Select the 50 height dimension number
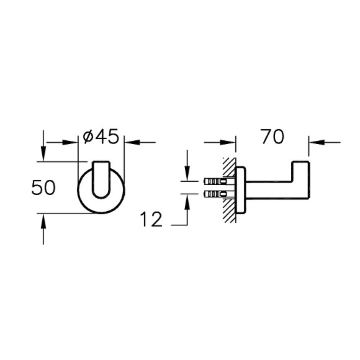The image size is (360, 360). point(44,187)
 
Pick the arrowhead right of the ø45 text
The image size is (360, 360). point(130,142)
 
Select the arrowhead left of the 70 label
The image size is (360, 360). point(232,142)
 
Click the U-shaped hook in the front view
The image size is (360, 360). point(102,180)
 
